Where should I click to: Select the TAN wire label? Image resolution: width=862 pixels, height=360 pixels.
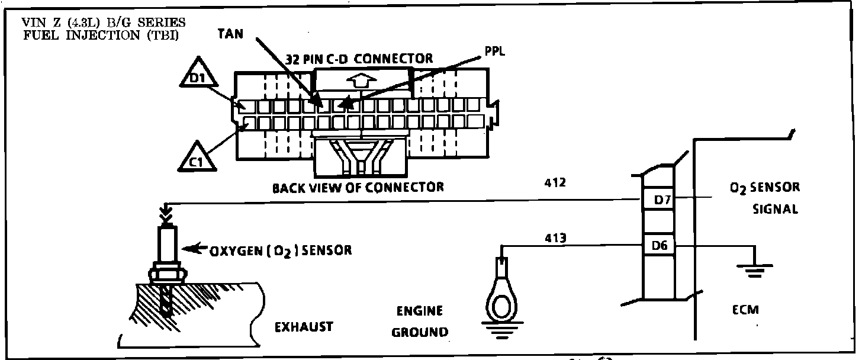tap(230, 34)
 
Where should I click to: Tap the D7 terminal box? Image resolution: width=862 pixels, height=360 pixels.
tap(662, 201)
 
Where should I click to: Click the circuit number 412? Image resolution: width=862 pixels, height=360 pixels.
tap(555, 183)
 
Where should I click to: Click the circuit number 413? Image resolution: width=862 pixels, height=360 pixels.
tap(555, 239)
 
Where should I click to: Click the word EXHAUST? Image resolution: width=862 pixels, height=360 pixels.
tap(304, 327)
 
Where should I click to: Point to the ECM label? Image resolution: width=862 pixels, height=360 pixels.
tap(745, 309)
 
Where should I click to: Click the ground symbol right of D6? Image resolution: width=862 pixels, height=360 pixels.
tap(752, 269)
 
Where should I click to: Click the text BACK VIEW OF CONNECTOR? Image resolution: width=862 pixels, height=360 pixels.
tap(358, 188)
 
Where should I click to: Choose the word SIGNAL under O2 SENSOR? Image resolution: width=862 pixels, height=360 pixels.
tap(775, 209)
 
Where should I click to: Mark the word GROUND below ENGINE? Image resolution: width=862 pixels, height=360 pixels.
tap(420, 332)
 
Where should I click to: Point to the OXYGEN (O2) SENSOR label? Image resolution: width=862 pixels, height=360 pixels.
tap(280, 250)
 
